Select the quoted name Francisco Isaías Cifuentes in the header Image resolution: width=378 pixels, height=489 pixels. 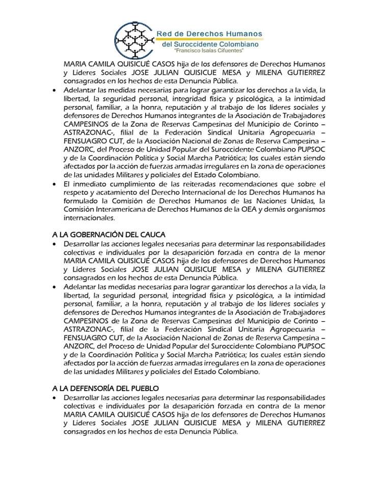pyautogui.click(x=208, y=51)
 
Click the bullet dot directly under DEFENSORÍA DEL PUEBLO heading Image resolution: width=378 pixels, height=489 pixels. pyautogui.click(x=56, y=397)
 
